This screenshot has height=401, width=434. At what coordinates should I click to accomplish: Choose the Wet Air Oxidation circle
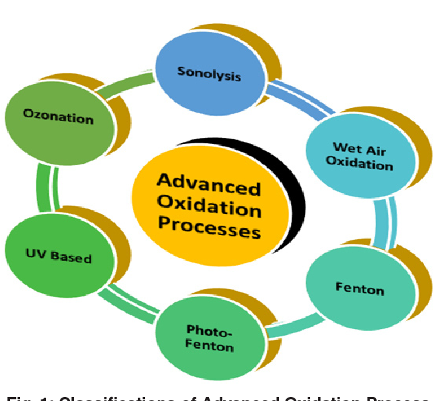coord(359,155)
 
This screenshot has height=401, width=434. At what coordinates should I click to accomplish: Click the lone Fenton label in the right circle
coord(359,289)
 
